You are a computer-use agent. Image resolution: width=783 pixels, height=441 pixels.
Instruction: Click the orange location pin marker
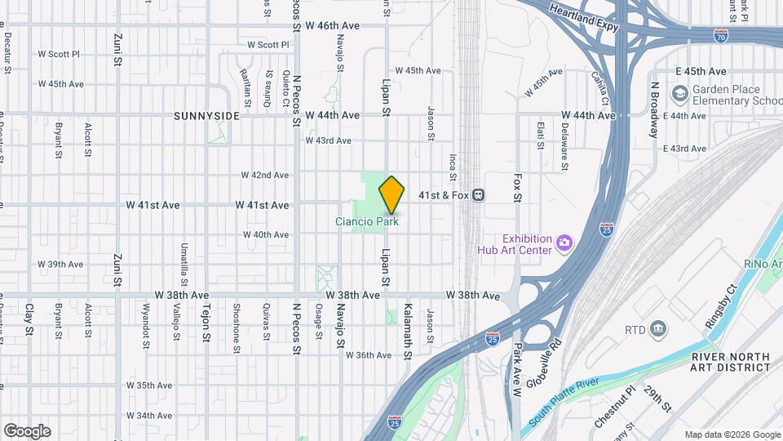(x=392, y=194)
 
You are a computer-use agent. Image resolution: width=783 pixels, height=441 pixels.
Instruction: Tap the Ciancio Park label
(x=367, y=221)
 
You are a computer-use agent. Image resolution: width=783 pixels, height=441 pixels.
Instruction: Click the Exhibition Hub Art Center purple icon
(x=563, y=243)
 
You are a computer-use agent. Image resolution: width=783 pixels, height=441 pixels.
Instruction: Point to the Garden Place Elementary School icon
(x=679, y=95)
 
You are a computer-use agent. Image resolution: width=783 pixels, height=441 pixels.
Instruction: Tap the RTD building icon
(x=659, y=330)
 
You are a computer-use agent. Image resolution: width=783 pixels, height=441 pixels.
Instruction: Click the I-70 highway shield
(x=720, y=36)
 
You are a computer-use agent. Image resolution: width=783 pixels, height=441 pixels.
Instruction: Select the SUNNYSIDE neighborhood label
(x=207, y=116)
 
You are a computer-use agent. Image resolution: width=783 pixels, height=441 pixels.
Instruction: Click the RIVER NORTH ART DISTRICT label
(x=730, y=362)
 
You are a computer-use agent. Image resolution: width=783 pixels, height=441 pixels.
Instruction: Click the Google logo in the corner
(x=27, y=431)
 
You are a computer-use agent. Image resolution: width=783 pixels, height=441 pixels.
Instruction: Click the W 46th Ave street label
(x=332, y=26)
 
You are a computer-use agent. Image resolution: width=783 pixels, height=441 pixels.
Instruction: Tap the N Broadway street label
(x=653, y=109)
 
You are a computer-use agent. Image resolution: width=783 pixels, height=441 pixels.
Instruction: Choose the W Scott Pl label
(x=59, y=54)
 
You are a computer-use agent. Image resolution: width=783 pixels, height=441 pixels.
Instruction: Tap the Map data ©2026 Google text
(x=731, y=434)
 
